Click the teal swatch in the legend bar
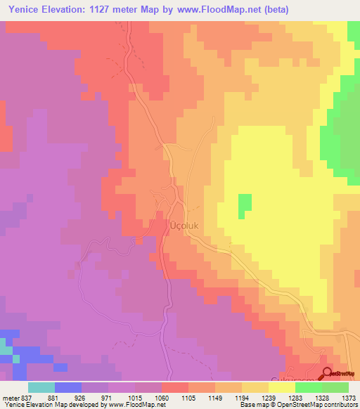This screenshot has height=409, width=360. pos(41,387)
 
